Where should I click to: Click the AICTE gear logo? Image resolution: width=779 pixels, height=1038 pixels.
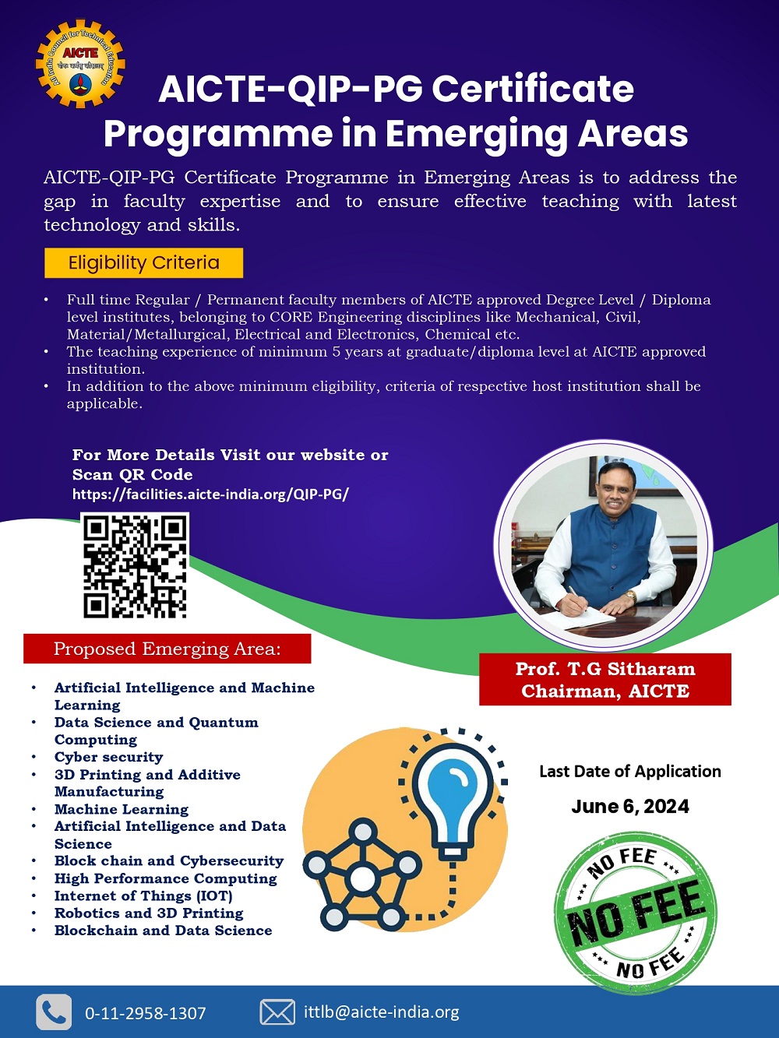click(x=80, y=64)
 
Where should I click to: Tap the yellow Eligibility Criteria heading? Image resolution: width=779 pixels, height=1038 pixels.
click(x=143, y=262)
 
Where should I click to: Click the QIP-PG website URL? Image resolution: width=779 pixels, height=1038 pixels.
click(x=210, y=494)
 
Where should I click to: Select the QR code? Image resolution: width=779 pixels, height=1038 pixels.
click(x=135, y=566)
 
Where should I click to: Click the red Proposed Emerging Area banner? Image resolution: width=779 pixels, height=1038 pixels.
click(x=167, y=649)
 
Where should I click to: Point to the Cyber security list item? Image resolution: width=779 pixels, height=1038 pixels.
click(x=108, y=757)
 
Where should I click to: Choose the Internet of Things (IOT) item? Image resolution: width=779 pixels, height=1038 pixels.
click(x=143, y=895)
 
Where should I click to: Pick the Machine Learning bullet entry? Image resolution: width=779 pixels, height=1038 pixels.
click(x=121, y=809)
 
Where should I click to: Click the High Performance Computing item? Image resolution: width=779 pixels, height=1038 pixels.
click(x=165, y=878)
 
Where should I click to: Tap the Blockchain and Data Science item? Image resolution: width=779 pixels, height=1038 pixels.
click(x=163, y=931)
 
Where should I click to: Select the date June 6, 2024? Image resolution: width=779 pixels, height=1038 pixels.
click(x=629, y=806)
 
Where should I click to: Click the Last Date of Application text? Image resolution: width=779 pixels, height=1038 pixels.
click(x=629, y=771)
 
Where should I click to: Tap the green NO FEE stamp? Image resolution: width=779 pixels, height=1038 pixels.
click(x=635, y=913)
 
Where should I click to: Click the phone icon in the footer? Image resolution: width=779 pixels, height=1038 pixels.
click(x=54, y=1012)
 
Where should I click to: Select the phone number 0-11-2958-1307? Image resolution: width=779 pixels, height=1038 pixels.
click(x=145, y=1013)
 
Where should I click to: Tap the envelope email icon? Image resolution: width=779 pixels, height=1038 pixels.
click(x=277, y=1012)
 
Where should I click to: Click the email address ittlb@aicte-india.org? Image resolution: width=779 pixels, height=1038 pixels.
click(x=381, y=1012)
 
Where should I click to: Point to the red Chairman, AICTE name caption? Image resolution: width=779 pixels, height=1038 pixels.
click(x=605, y=680)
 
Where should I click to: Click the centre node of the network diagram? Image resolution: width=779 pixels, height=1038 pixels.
click(x=362, y=879)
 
